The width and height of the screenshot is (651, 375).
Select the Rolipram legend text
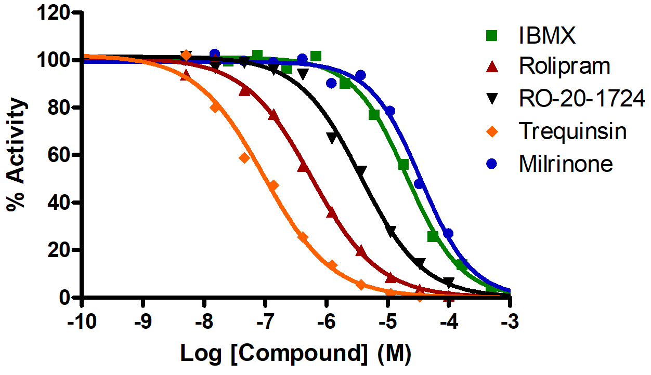(564, 66)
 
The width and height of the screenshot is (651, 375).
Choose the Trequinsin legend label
(572, 132)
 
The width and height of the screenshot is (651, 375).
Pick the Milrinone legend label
(566, 164)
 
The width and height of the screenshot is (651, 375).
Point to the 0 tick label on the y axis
(64, 298)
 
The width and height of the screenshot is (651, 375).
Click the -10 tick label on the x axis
(82, 320)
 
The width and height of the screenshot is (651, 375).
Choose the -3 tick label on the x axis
(510, 320)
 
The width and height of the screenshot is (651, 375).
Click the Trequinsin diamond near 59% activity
(244, 158)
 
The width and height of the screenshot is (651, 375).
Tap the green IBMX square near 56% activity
(403, 165)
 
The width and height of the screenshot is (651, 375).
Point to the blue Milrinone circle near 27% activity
(448, 233)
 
